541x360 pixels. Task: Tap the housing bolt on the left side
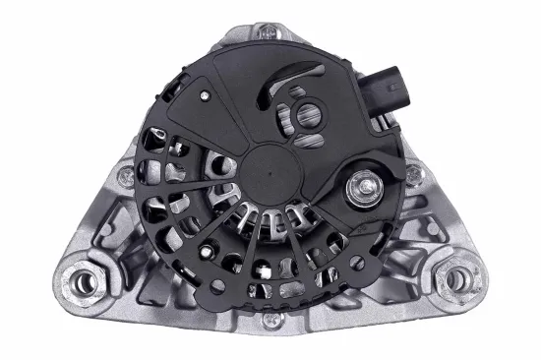125,177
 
